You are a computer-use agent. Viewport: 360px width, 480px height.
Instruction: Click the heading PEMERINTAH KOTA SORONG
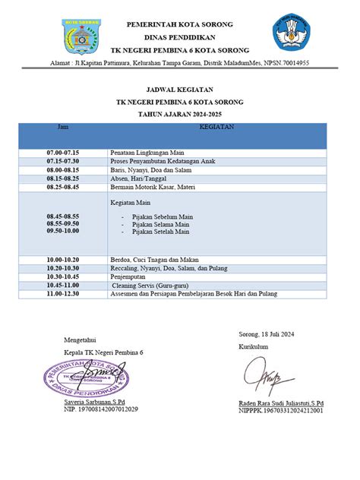[x=179, y=24]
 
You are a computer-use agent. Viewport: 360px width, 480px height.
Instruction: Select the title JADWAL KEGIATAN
[x=180, y=89]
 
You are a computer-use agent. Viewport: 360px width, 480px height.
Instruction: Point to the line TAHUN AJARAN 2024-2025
[x=180, y=112]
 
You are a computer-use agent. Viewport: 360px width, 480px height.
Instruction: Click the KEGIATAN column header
[x=216, y=128]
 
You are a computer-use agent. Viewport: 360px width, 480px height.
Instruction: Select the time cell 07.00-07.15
[x=62, y=153]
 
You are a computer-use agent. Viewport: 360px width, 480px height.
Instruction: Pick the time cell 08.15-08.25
[x=62, y=178]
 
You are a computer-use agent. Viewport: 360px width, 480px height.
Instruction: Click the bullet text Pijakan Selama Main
[x=160, y=226]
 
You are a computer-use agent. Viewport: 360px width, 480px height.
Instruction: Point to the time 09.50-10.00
[x=62, y=233]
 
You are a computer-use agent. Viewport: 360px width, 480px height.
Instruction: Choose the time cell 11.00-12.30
[x=62, y=293]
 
